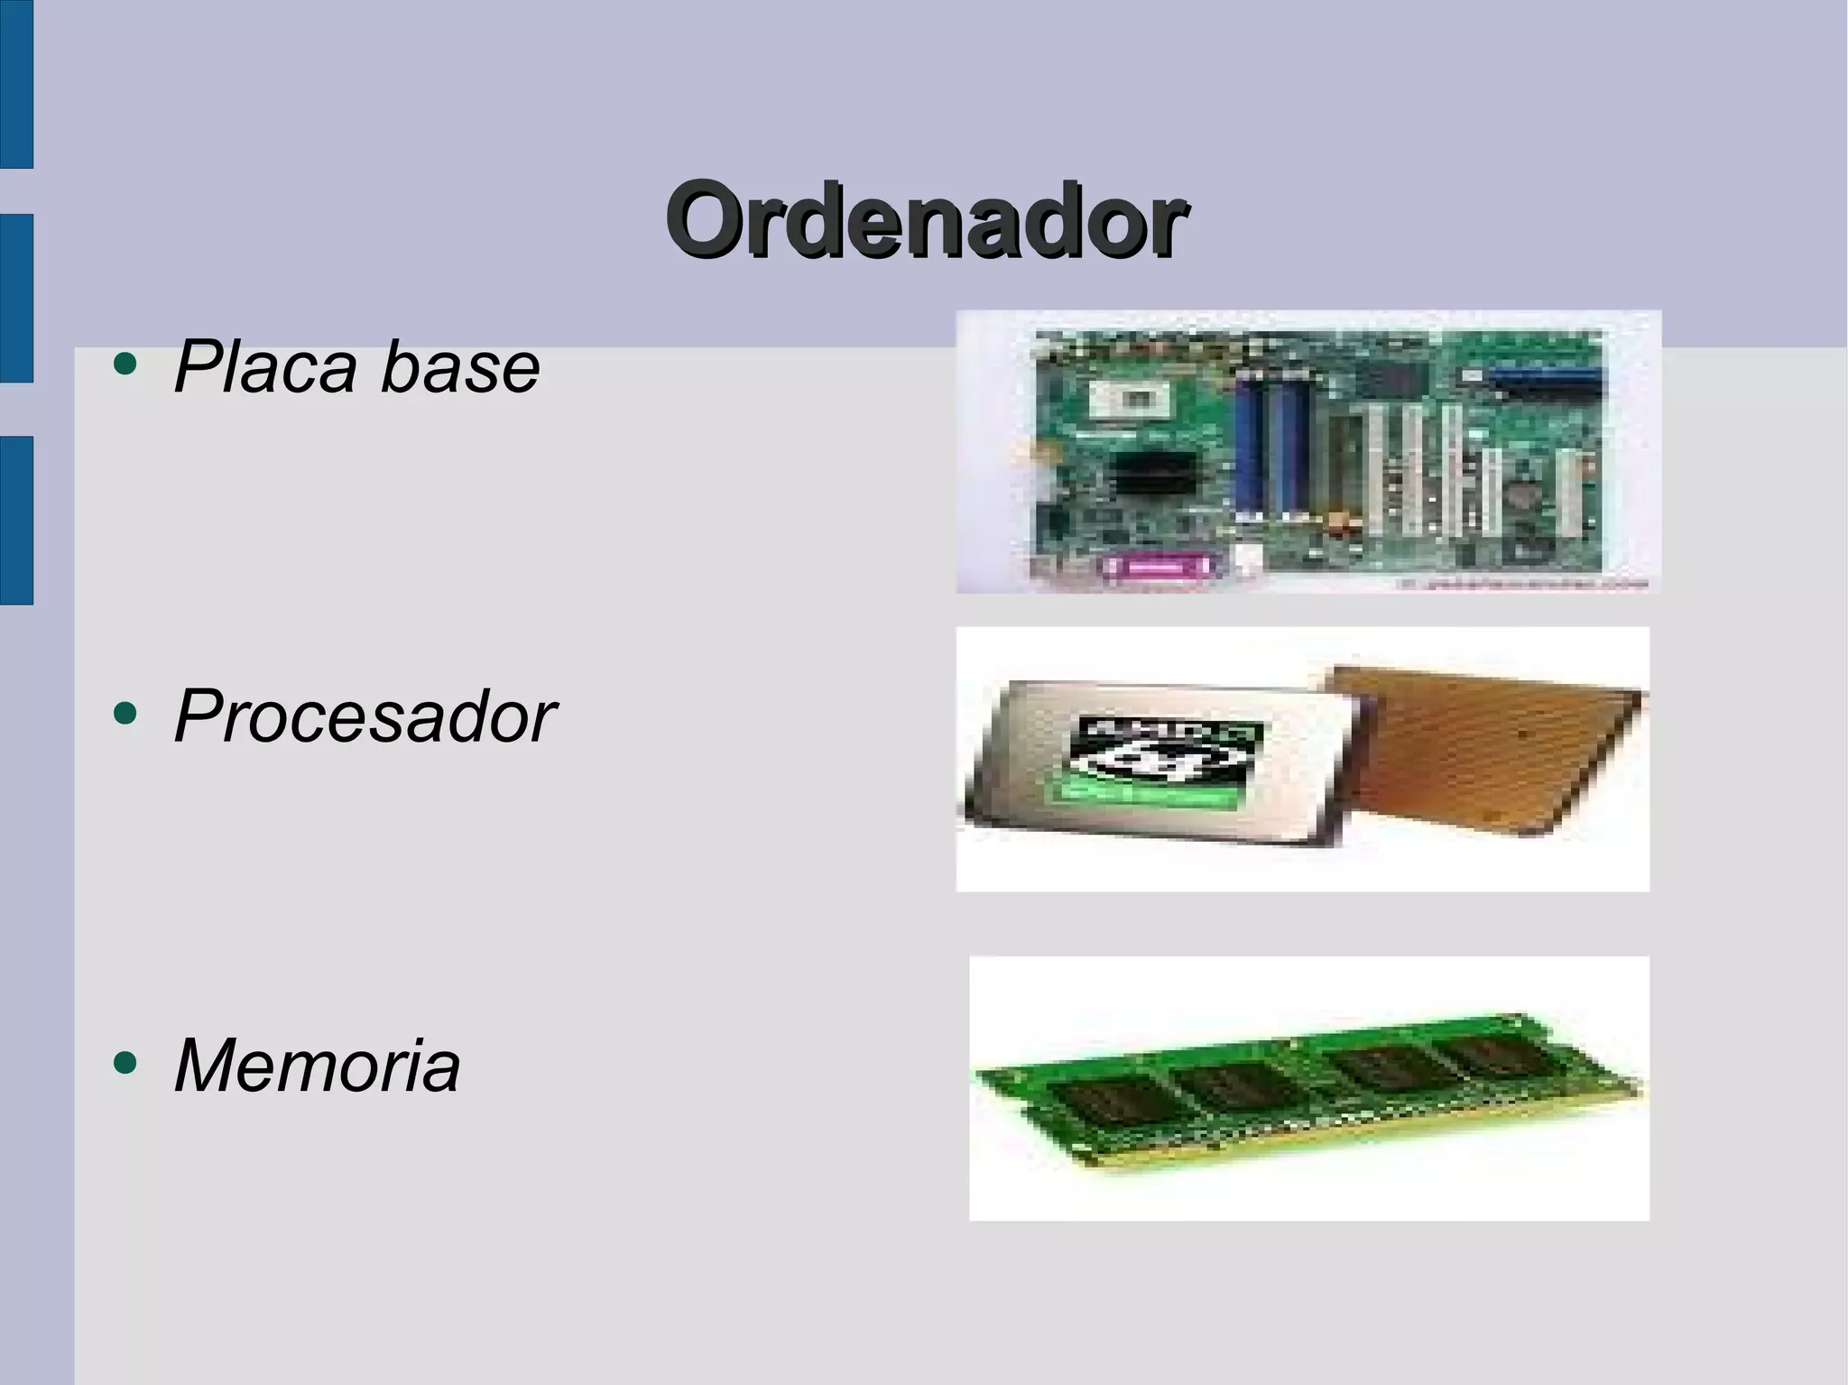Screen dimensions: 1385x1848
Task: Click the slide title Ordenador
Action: pyautogui.click(x=926, y=219)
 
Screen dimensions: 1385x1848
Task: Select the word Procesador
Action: pyautogui.click(x=365, y=716)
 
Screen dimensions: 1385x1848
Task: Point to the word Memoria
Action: pyautogui.click(x=317, y=1066)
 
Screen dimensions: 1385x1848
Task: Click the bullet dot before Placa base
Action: pyautogui.click(x=125, y=365)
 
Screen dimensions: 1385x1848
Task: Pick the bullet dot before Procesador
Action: pyautogui.click(x=125, y=715)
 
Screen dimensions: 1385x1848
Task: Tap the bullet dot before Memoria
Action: pyautogui.click(x=125, y=1063)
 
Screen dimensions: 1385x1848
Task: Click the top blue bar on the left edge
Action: pyautogui.click(x=16, y=84)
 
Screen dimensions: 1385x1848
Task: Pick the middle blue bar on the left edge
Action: pyautogui.click(x=16, y=298)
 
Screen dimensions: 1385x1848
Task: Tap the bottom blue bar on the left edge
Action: pyautogui.click(x=16, y=520)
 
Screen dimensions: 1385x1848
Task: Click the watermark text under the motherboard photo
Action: pyautogui.click(x=1525, y=585)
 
